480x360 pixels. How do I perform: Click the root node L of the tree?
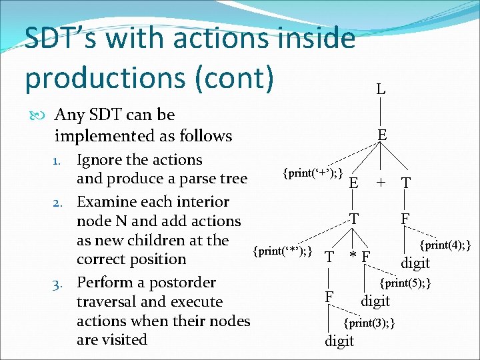coord(380,89)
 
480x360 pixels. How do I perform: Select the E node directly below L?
coord(381,135)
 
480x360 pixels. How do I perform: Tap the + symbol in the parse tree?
coord(381,183)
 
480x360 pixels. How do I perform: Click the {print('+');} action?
coord(313,174)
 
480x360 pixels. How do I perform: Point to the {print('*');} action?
coord(283,251)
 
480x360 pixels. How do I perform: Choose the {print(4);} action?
coord(445,246)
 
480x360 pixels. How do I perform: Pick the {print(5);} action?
coord(405,283)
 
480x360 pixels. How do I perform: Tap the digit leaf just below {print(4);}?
coord(415,263)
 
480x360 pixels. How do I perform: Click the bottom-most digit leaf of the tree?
coord(339,342)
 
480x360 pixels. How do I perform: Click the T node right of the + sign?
coord(406,183)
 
